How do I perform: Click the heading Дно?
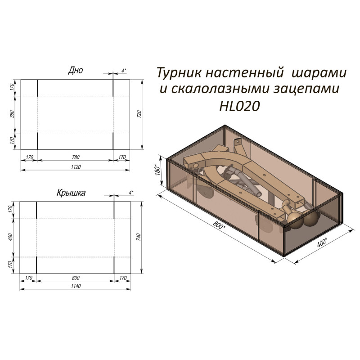coord(75,70)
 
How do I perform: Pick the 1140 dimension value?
coord(75,287)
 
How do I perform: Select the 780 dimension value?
coord(75,157)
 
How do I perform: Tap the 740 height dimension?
coord(139,237)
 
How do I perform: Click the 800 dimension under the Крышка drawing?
coord(75,278)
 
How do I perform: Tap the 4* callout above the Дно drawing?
coord(124,70)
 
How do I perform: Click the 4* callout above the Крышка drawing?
coord(130,193)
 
